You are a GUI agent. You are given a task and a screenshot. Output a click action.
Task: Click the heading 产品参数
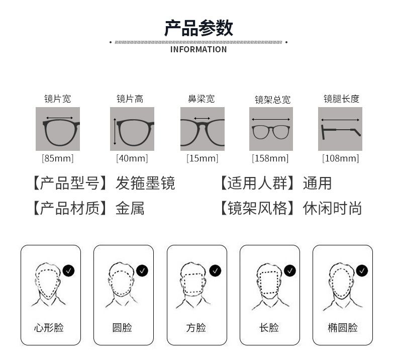[199, 28]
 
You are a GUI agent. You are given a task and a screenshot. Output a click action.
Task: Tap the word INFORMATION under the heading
[198, 49]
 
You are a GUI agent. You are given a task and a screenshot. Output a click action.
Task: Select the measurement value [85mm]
[58, 158]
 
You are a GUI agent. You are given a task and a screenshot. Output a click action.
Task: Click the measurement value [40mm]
[132, 158]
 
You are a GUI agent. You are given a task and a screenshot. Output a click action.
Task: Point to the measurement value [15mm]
[203, 158]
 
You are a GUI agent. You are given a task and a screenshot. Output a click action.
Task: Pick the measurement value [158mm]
[270, 158]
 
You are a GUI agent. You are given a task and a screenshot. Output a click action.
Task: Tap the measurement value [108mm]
[341, 158]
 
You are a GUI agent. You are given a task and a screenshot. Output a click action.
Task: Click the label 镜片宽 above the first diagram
[58, 99]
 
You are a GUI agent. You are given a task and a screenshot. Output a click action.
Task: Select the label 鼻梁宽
[202, 99]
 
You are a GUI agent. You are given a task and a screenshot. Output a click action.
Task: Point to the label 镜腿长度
[342, 99]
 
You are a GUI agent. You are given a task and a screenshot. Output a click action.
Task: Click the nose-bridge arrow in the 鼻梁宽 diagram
[202, 118]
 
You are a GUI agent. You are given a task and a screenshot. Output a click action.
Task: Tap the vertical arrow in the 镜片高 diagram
[115, 132]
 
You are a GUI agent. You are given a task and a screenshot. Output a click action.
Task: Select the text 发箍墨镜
[145, 183]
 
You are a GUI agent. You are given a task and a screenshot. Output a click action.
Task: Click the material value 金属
[130, 209]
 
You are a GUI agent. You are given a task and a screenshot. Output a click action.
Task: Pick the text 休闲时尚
[332, 209]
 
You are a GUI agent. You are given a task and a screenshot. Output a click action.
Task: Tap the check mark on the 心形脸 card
[68, 271]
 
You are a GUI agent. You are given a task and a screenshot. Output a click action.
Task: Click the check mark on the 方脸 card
[215, 271]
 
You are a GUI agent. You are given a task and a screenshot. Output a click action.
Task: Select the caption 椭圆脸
[343, 328]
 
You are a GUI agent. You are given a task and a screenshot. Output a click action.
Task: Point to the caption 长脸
[269, 328]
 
